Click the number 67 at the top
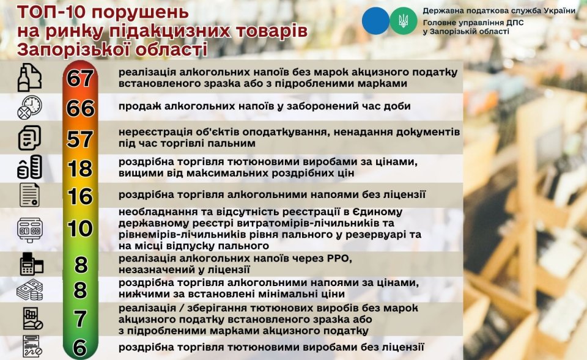(x=80, y=78)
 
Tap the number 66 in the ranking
(x=80, y=108)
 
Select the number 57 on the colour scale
(x=80, y=139)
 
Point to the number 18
(x=80, y=169)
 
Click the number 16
(x=80, y=196)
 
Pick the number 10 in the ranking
(x=80, y=228)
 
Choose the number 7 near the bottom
(x=80, y=319)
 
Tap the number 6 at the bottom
(x=80, y=348)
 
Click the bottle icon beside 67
(x=29, y=78)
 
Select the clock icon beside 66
(x=29, y=108)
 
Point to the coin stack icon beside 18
(x=29, y=167)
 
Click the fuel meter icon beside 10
(x=29, y=230)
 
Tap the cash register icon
(x=31, y=264)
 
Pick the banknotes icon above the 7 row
(x=30, y=290)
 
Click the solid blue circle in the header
(x=375, y=21)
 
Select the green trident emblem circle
(x=404, y=21)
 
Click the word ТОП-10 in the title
(x=51, y=12)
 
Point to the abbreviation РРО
(x=338, y=259)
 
